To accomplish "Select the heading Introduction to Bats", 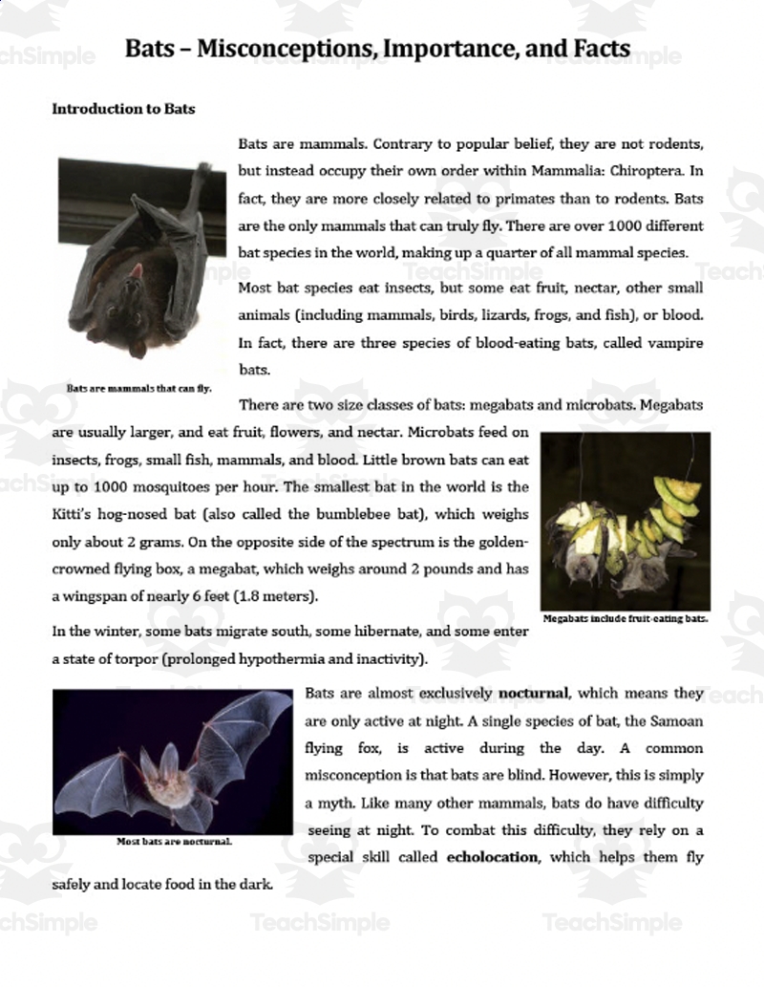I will click(123, 109).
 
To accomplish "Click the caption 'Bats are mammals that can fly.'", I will click(139, 389).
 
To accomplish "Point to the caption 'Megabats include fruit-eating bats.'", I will click(626, 618).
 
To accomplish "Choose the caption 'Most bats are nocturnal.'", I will click(175, 842).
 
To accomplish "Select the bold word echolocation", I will click(492, 857).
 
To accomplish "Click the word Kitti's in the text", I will click(73, 515).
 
